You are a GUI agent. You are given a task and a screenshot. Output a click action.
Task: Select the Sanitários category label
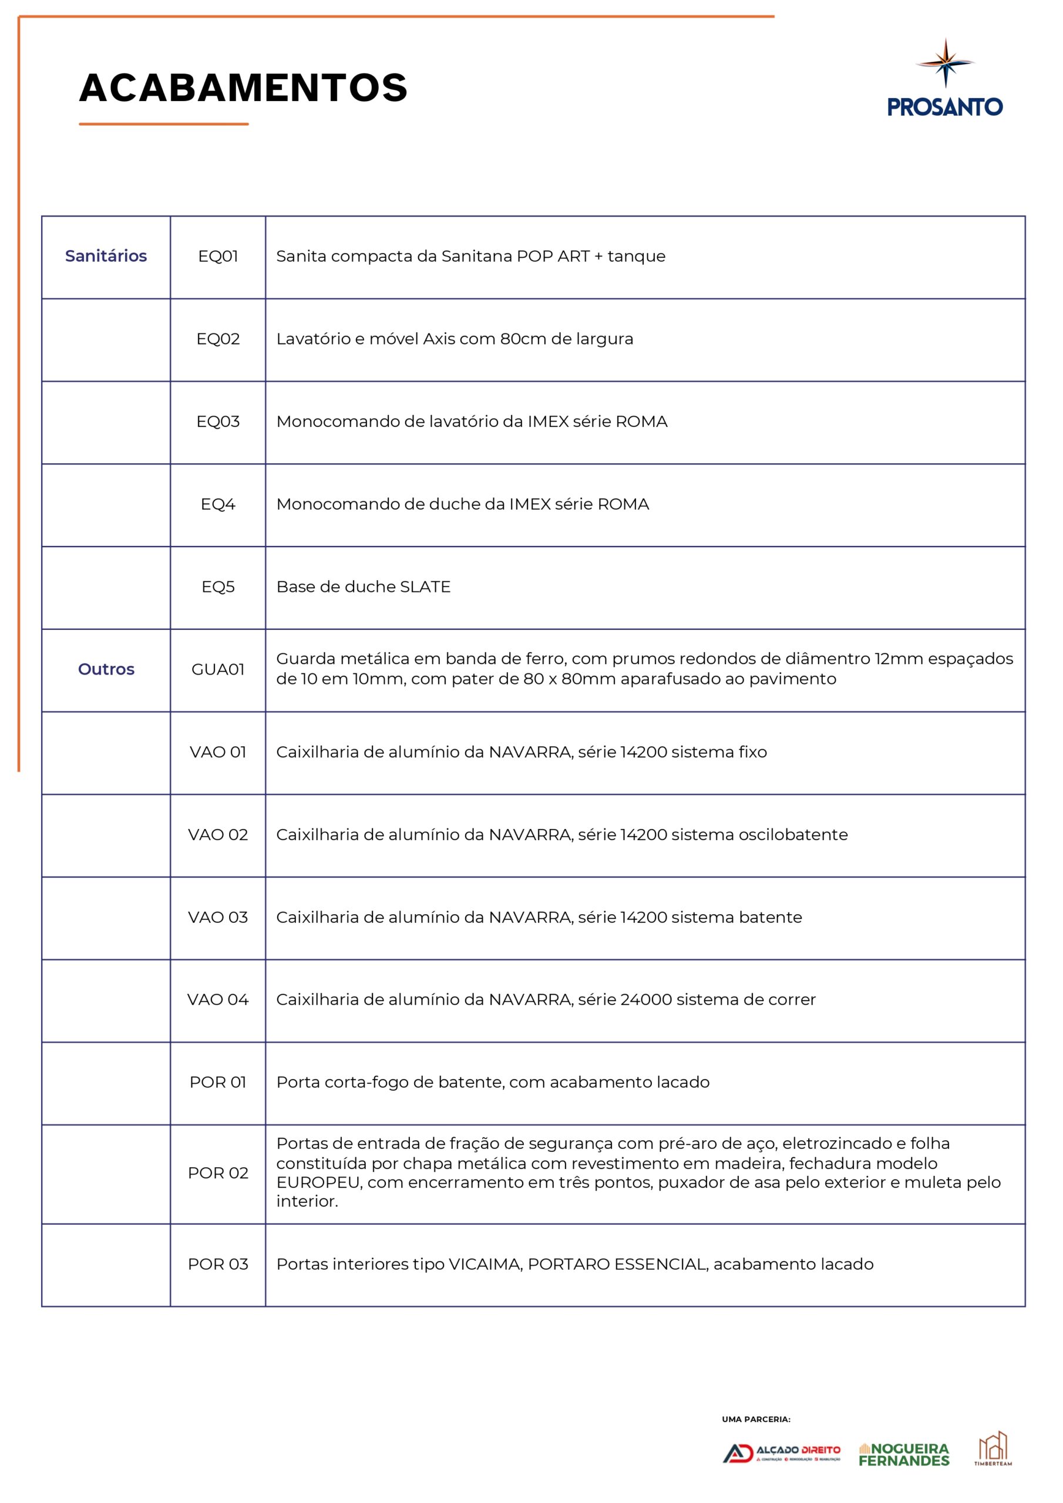106,256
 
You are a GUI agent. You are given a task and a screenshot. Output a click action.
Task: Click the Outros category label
106,669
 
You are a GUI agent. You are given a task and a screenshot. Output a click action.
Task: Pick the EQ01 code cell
217,256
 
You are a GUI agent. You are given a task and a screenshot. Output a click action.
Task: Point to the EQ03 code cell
217,422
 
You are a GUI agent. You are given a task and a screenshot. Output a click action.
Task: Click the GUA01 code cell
217,669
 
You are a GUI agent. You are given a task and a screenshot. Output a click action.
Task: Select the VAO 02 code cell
217,835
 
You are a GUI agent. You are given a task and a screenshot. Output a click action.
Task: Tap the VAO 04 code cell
217,1000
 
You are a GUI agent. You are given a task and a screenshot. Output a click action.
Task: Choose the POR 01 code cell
217,1082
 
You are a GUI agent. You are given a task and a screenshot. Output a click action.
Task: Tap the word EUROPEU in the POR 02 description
318,1182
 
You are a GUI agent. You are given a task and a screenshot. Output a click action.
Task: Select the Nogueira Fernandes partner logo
904,1454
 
